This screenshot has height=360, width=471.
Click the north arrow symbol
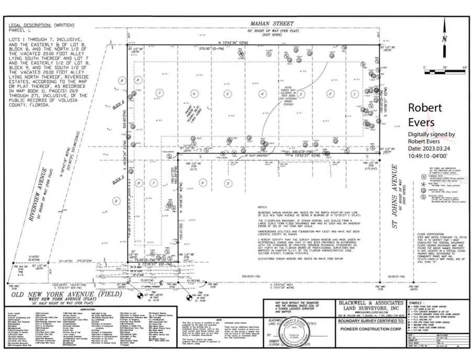pos(444,37)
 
